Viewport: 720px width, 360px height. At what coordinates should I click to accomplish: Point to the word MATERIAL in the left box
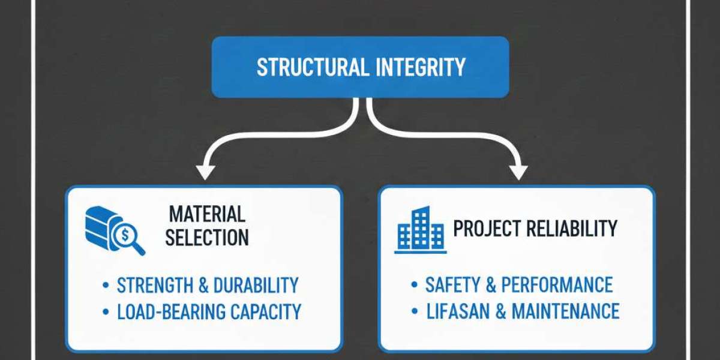click(x=207, y=214)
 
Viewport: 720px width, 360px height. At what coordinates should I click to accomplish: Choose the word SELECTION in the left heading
click(x=207, y=238)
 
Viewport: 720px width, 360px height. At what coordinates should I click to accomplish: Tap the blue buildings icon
click(x=420, y=230)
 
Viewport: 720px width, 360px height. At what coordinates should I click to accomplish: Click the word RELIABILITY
click(x=574, y=229)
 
